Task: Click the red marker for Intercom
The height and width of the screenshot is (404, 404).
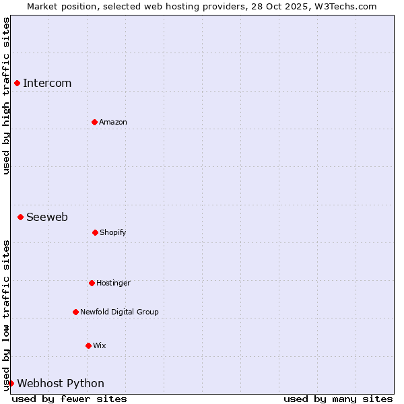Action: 18,83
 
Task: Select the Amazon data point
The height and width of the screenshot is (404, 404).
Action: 94,122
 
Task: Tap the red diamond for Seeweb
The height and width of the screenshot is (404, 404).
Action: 21,217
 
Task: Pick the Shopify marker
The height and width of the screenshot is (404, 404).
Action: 95,232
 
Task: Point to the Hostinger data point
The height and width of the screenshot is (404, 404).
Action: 92,283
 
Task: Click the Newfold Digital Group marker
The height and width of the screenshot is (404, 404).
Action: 75,312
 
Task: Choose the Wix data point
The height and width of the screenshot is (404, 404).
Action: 88,345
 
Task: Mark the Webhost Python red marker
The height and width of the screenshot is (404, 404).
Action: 11,383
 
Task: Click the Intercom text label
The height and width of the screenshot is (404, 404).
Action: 47,83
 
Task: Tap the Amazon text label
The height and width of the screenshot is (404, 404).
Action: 113,122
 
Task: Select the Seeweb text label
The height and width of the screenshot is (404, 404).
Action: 47,217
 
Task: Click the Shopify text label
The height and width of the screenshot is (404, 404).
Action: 113,232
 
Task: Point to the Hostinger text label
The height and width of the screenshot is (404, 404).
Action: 113,283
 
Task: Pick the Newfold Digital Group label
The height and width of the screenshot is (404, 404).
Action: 119,312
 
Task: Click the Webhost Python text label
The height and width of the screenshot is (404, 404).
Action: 61,383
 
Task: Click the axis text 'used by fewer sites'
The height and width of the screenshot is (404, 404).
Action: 69,399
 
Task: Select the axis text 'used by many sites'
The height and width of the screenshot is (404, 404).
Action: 338,399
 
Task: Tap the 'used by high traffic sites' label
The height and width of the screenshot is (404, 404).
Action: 6,96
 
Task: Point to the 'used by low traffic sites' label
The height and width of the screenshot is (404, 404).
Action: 6,315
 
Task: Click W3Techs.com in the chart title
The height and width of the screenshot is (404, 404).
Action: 345,6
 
